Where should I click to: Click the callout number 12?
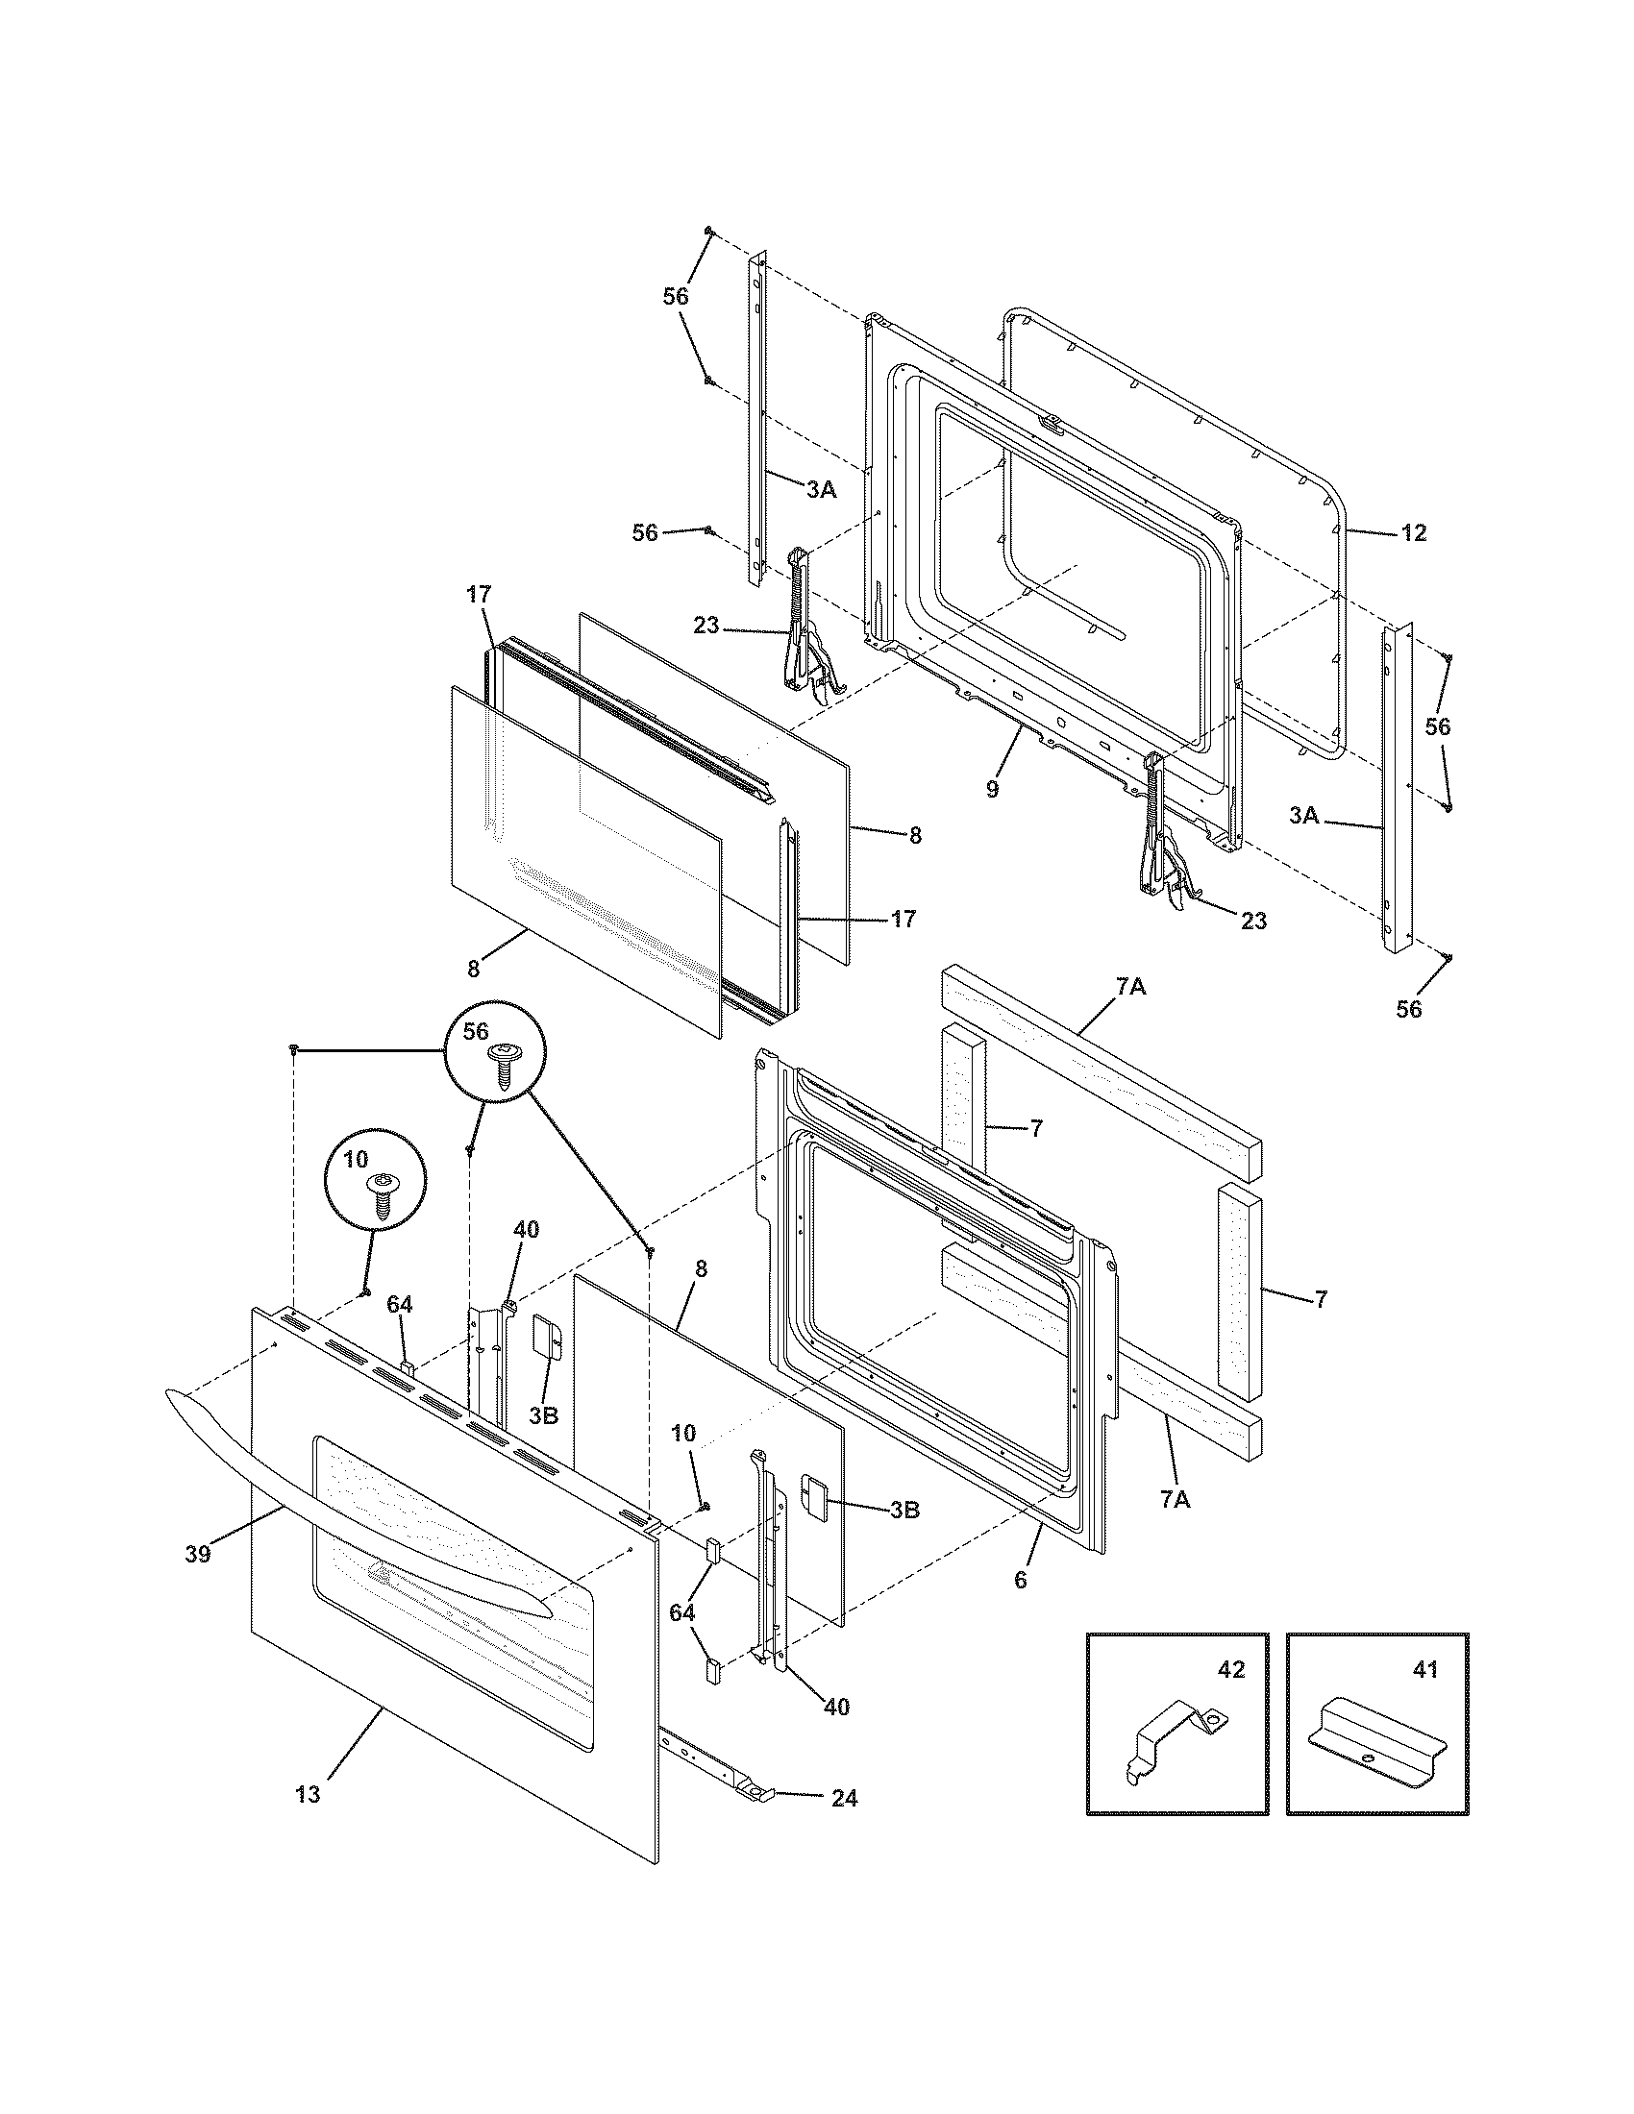coord(1414,533)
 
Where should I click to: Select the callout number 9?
coord(992,789)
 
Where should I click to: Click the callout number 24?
coord(843,1799)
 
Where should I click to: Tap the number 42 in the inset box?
coord(1230,1669)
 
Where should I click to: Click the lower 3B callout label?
coord(903,1509)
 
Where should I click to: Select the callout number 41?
coord(1424,1669)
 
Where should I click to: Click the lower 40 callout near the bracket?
coord(836,1708)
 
